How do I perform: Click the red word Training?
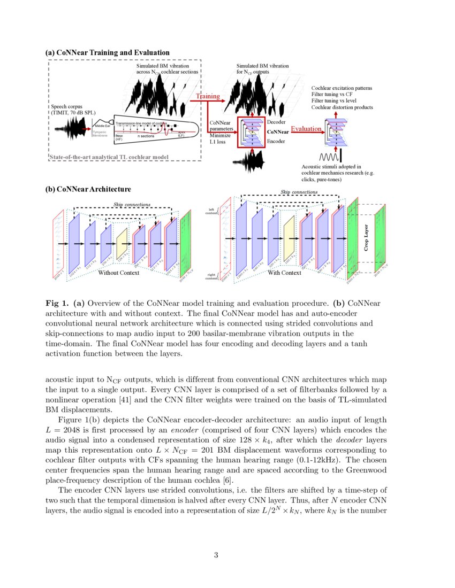click(x=208, y=96)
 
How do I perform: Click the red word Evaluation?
click(x=307, y=128)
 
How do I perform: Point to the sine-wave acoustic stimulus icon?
click(x=327, y=158)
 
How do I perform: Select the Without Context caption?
click(x=118, y=273)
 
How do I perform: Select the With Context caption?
click(x=284, y=273)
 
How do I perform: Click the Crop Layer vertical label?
click(x=366, y=237)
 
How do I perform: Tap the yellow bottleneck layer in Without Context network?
click(x=122, y=243)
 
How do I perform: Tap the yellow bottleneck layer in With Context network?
click(x=290, y=239)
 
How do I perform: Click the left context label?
click(x=211, y=211)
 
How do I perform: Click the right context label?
click(x=211, y=276)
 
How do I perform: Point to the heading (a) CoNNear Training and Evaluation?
click(x=108, y=52)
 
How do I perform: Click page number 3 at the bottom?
click(x=216, y=555)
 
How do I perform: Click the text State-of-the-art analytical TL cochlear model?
click(x=108, y=157)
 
